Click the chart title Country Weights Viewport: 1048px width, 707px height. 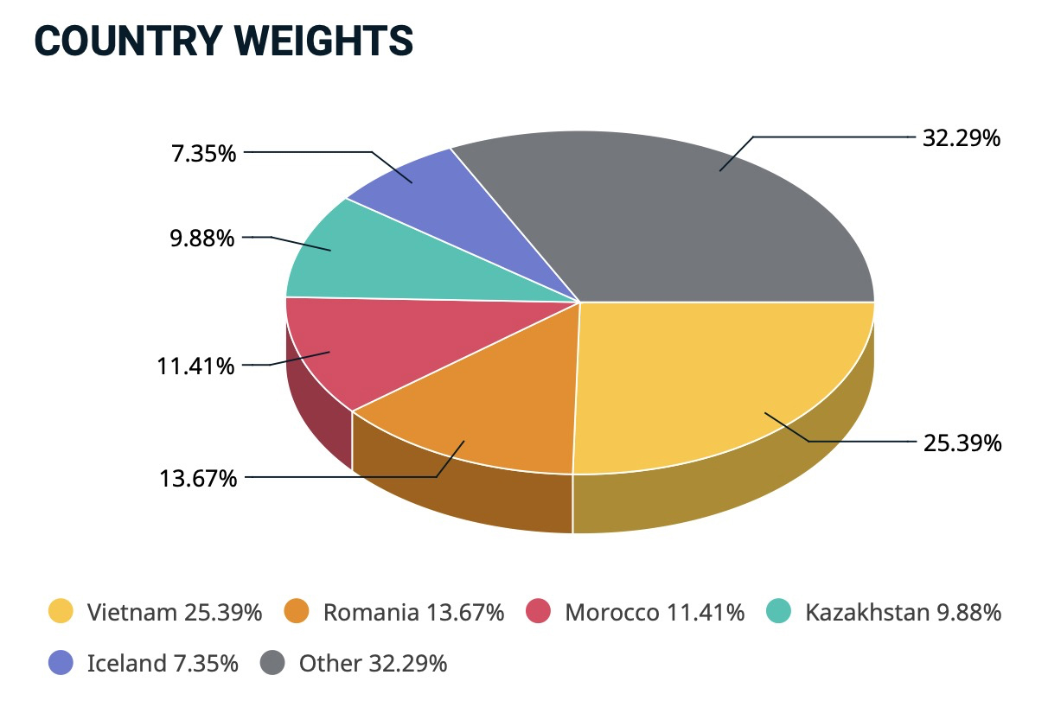pyautogui.click(x=223, y=41)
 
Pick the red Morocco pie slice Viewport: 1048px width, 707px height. pyautogui.click(x=337, y=346)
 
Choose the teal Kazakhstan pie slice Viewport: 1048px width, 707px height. pyautogui.click(x=346, y=255)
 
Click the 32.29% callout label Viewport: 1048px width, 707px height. pyautogui.click(x=962, y=137)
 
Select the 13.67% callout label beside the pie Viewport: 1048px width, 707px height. pyautogui.click(x=197, y=477)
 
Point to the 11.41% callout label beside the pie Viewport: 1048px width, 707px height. pyautogui.click(x=195, y=366)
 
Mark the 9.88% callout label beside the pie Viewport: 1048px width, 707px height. pyautogui.click(x=201, y=238)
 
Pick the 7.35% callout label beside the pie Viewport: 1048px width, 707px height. pyautogui.click(x=202, y=154)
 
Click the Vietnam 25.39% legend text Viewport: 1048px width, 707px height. pyautogui.click(x=174, y=613)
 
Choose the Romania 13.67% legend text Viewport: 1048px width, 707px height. pyautogui.click(x=413, y=613)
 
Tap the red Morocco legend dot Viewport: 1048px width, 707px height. pyautogui.click(x=539, y=612)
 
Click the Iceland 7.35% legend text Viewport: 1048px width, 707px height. pyautogui.click(x=163, y=664)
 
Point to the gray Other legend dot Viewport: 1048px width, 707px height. pyautogui.click(x=272, y=663)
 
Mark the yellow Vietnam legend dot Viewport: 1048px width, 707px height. pyautogui.click(x=61, y=612)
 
